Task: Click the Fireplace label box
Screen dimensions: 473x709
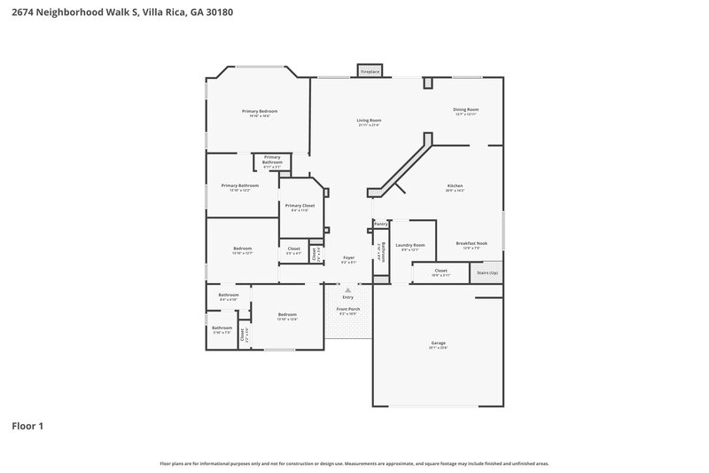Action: pos(370,70)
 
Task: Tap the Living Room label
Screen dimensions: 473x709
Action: pos(370,120)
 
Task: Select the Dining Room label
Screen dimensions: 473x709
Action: pos(466,110)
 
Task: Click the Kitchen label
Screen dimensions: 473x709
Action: pos(456,185)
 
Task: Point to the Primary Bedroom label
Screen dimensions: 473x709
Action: pos(260,111)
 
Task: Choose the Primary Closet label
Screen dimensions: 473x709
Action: pos(300,205)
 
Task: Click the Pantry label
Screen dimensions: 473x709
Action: pos(381,224)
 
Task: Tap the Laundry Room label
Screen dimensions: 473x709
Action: pos(409,245)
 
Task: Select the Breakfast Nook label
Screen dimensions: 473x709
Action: pos(471,243)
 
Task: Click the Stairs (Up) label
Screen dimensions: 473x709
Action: pos(487,272)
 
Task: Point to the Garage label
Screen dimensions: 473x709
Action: pos(438,343)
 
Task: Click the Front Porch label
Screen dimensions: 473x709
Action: pos(347,309)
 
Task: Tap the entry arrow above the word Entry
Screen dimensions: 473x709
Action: pos(347,289)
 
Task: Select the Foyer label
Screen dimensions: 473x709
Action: pos(349,257)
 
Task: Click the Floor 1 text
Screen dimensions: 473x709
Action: pos(27,426)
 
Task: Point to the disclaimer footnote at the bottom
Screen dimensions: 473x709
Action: pos(354,463)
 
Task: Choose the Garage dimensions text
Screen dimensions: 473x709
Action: pos(438,348)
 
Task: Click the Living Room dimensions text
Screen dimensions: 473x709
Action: pos(370,125)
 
